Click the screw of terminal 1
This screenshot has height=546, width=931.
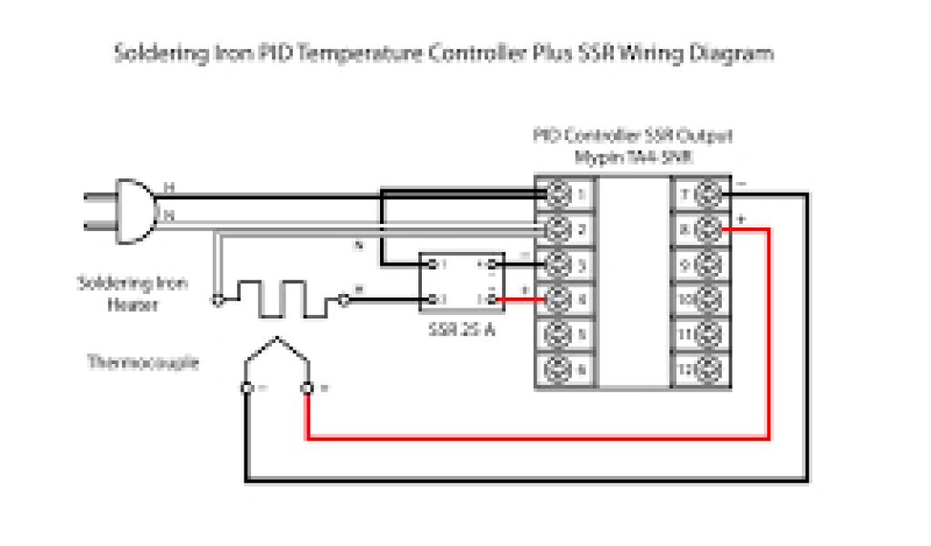tap(557, 193)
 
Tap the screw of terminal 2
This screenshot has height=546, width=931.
tap(557, 228)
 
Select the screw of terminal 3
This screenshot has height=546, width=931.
tap(557, 264)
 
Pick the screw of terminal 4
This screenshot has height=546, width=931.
tap(557, 298)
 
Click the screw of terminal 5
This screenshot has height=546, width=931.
tap(557, 334)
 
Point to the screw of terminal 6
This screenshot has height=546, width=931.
tap(557, 369)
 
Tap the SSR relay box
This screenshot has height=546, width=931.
tap(460, 281)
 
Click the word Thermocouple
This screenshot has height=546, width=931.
tap(142, 362)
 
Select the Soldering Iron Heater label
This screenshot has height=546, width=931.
tap(133, 294)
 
